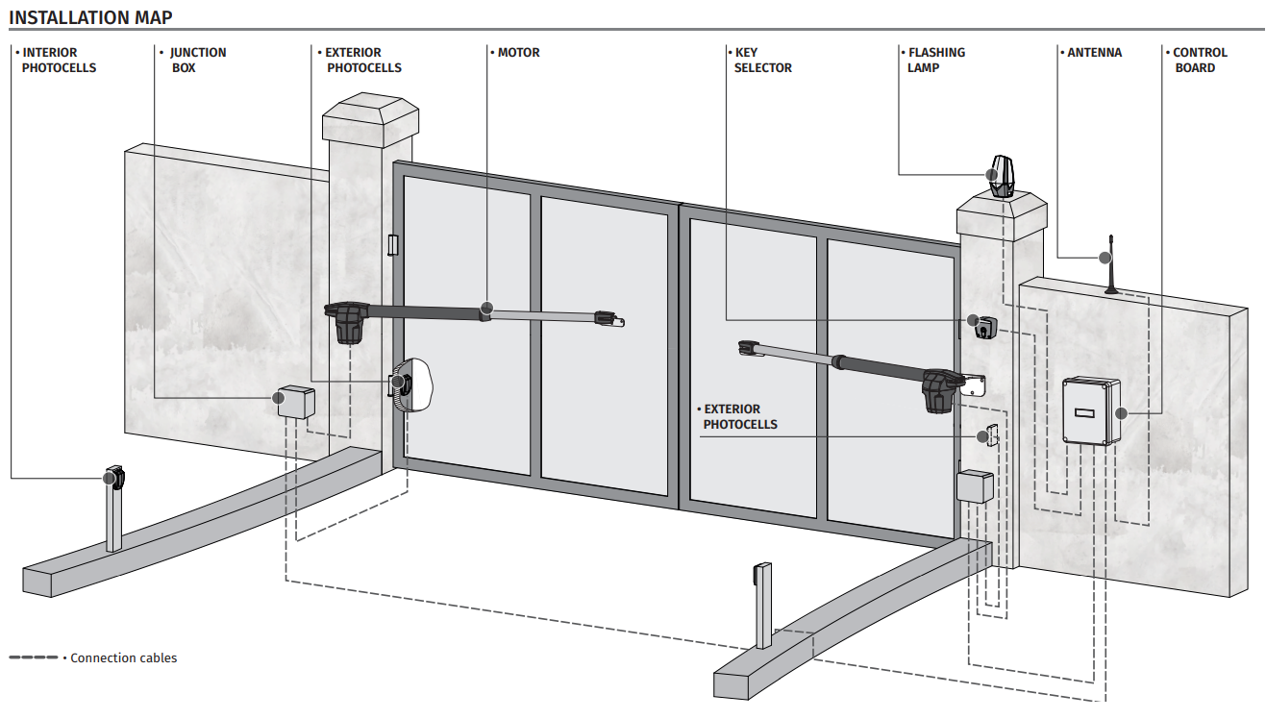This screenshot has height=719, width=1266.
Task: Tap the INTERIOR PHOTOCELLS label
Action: coord(59,61)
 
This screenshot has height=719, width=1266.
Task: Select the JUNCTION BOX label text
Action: coord(197,61)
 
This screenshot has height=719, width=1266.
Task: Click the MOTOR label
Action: coord(518,53)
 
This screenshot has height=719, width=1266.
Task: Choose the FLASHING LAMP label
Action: coord(935,61)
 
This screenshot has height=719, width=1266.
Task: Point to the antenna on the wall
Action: coord(1111,264)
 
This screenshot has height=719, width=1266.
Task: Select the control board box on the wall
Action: coord(1091,411)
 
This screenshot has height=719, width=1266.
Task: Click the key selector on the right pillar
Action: coord(984,328)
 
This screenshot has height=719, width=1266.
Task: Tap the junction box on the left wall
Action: coord(295,403)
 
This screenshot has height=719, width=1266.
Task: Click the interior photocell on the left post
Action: coord(115,478)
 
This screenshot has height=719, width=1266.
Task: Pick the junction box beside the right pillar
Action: coord(974,486)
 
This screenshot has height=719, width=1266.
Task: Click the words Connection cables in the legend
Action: coord(124,658)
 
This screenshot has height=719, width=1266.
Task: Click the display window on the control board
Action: coord(1083,414)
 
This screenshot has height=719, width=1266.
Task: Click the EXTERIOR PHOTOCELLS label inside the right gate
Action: coord(739,416)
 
